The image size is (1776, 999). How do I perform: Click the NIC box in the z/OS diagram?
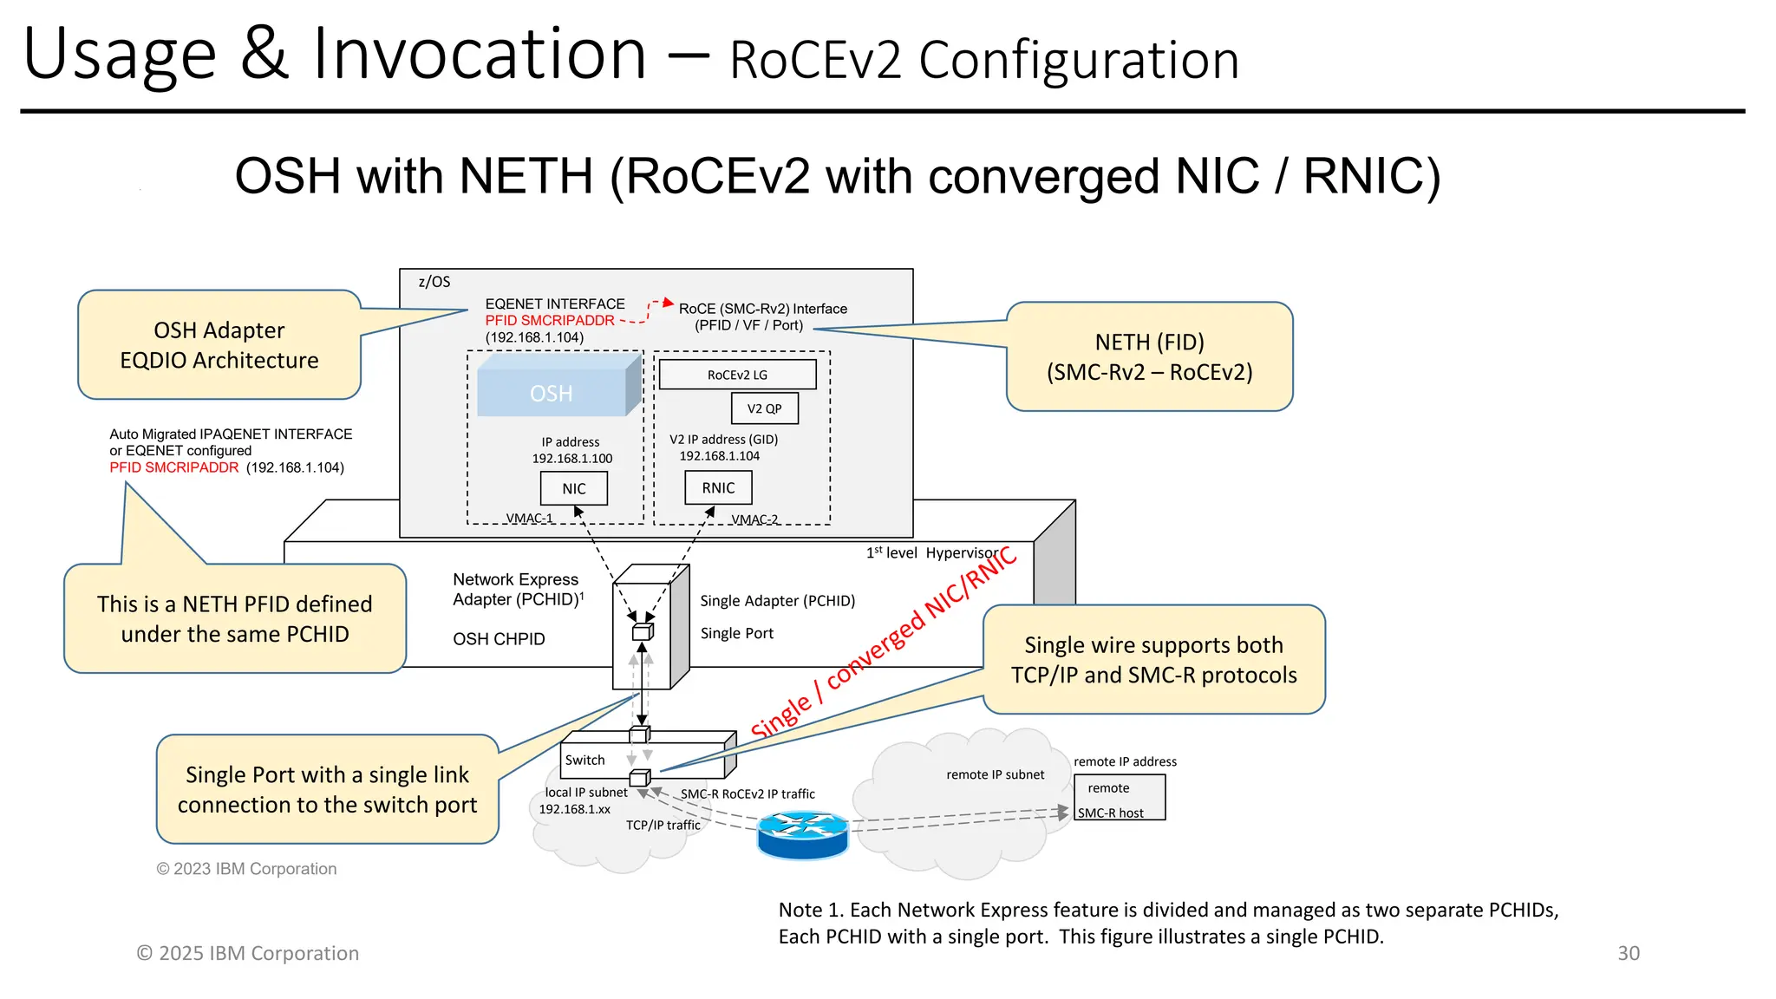tap(573, 488)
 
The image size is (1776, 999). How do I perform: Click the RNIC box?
tap(718, 487)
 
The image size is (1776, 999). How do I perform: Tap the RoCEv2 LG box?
tap(737, 375)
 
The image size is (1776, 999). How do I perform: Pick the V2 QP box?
tap(764, 408)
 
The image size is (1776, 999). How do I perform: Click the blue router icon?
tap(802, 835)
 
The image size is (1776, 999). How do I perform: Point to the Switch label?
tap(584, 760)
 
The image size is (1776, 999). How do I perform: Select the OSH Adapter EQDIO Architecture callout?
tap(219, 345)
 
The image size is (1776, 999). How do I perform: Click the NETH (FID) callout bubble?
tap(1149, 356)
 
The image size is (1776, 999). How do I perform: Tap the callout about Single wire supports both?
tap(1153, 660)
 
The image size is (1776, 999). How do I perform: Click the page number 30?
tap(1628, 953)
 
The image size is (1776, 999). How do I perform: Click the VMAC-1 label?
tap(529, 518)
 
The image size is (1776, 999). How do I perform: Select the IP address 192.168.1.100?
tap(571, 458)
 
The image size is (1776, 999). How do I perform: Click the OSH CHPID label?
tap(499, 639)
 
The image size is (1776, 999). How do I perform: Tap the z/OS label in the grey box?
tap(434, 282)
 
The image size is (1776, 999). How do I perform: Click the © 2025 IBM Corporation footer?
tap(248, 953)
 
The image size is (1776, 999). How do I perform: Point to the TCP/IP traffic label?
tap(663, 825)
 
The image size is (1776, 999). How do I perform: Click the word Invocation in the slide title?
tap(480, 54)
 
